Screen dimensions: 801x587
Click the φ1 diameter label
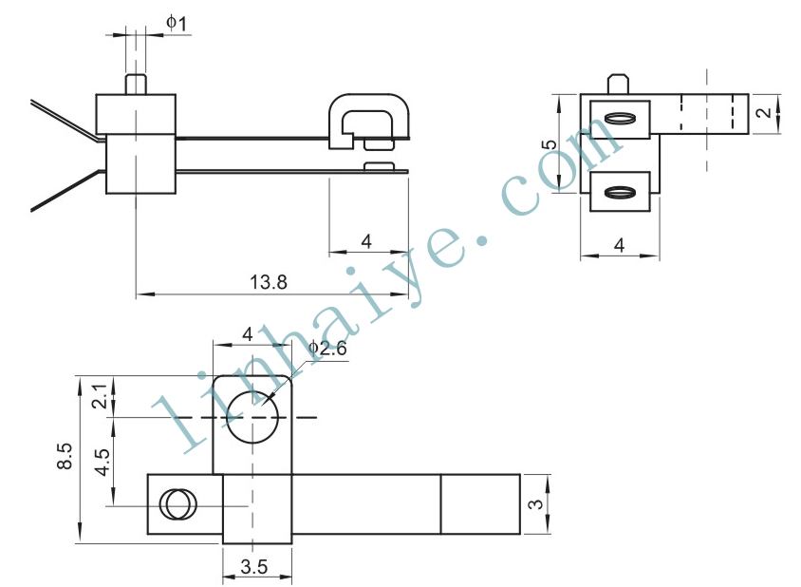(x=177, y=23)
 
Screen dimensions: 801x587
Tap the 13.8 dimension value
(x=269, y=282)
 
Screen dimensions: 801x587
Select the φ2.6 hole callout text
(x=327, y=349)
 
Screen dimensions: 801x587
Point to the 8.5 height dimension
(x=65, y=456)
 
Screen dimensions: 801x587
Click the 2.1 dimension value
(x=101, y=396)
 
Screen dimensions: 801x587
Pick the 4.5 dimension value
(x=102, y=463)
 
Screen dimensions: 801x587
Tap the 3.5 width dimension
(x=254, y=566)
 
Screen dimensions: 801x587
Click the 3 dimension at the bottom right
(x=536, y=504)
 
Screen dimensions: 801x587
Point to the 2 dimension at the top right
(x=765, y=112)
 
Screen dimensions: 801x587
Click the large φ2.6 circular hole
(x=252, y=417)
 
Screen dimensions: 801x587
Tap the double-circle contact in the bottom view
(x=177, y=504)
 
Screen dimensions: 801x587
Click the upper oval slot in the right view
(x=620, y=119)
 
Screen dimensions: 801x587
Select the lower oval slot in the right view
(x=620, y=192)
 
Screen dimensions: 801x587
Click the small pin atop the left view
(x=136, y=85)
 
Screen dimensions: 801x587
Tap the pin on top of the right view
(x=618, y=84)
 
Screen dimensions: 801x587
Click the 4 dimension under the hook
(x=366, y=241)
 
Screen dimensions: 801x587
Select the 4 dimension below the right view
(x=619, y=245)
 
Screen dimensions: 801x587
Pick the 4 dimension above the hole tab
(x=248, y=334)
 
